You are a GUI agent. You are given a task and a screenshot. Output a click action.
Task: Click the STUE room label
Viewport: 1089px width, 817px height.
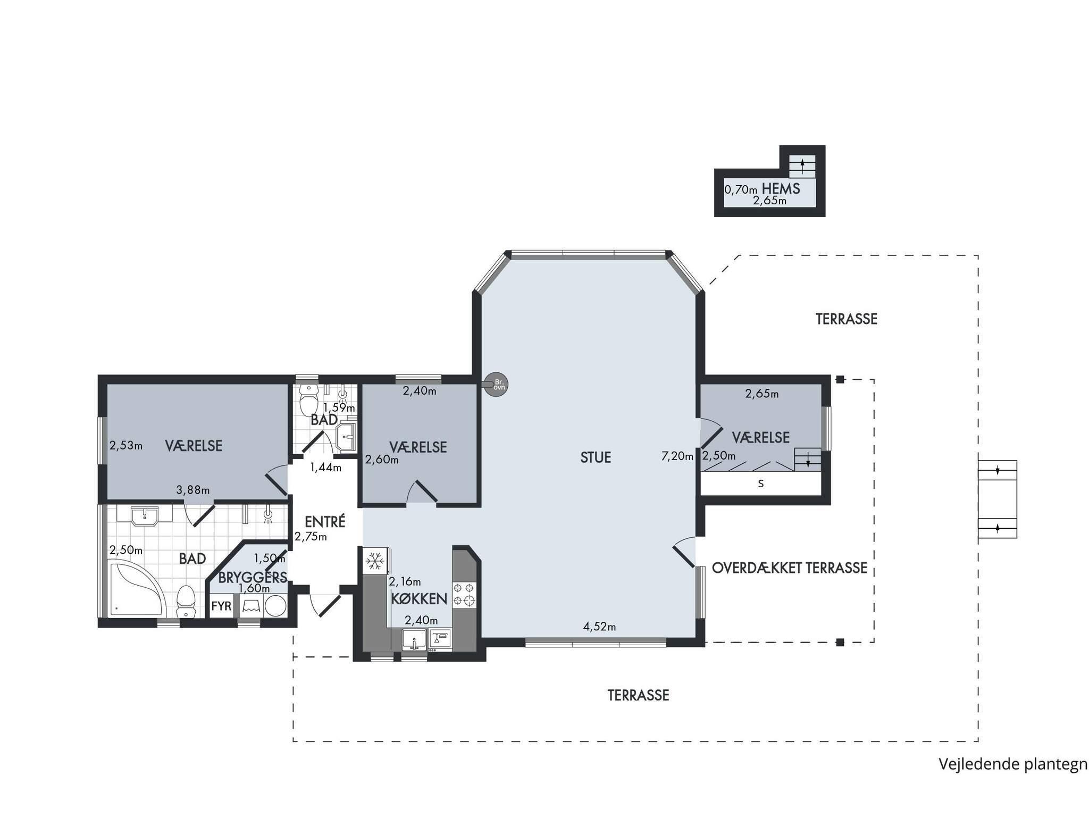pyautogui.click(x=596, y=457)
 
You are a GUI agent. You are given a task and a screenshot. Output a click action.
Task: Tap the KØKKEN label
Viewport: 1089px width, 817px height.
pyautogui.click(x=419, y=599)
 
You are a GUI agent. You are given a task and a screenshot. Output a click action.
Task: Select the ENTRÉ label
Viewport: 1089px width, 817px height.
pyautogui.click(x=325, y=521)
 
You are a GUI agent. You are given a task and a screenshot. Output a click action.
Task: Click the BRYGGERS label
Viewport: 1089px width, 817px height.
pyautogui.click(x=253, y=577)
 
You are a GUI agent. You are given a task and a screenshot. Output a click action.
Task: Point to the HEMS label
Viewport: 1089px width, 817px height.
pyautogui.click(x=781, y=188)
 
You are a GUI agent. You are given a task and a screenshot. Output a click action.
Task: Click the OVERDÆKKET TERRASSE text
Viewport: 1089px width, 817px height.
pyautogui.click(x=790, y=568)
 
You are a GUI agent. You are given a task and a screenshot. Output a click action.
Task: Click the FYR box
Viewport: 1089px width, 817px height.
pyautogui.click(x=222, y=606)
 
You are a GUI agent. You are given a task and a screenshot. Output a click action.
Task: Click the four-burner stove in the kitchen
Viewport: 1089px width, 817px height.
pyautogui.click(x=464, y=595)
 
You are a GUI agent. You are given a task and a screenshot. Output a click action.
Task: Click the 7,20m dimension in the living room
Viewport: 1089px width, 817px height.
pyautogui.click(x=677, y=456)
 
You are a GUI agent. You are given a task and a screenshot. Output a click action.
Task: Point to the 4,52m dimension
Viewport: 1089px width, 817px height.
pyautogui.click(x=599, y=627)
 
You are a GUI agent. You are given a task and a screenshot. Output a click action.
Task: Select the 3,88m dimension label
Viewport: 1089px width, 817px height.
pyautogui.click(x=193, y=490)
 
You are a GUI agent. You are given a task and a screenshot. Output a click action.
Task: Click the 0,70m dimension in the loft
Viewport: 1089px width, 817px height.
pyautogui.click(x=741, y=189)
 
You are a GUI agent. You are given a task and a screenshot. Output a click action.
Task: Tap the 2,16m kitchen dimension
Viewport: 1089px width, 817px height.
pyautogui.click(x=405, y=581)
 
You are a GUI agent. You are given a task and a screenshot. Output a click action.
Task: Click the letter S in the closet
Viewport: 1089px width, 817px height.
pyautogui.click(x=761, y=484)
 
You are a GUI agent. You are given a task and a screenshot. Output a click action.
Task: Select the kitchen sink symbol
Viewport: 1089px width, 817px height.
pyautogui.click(x=414, y=639)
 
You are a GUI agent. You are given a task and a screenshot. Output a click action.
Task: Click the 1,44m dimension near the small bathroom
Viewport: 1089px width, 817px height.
pyautogui.click(x=326, y=468)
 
